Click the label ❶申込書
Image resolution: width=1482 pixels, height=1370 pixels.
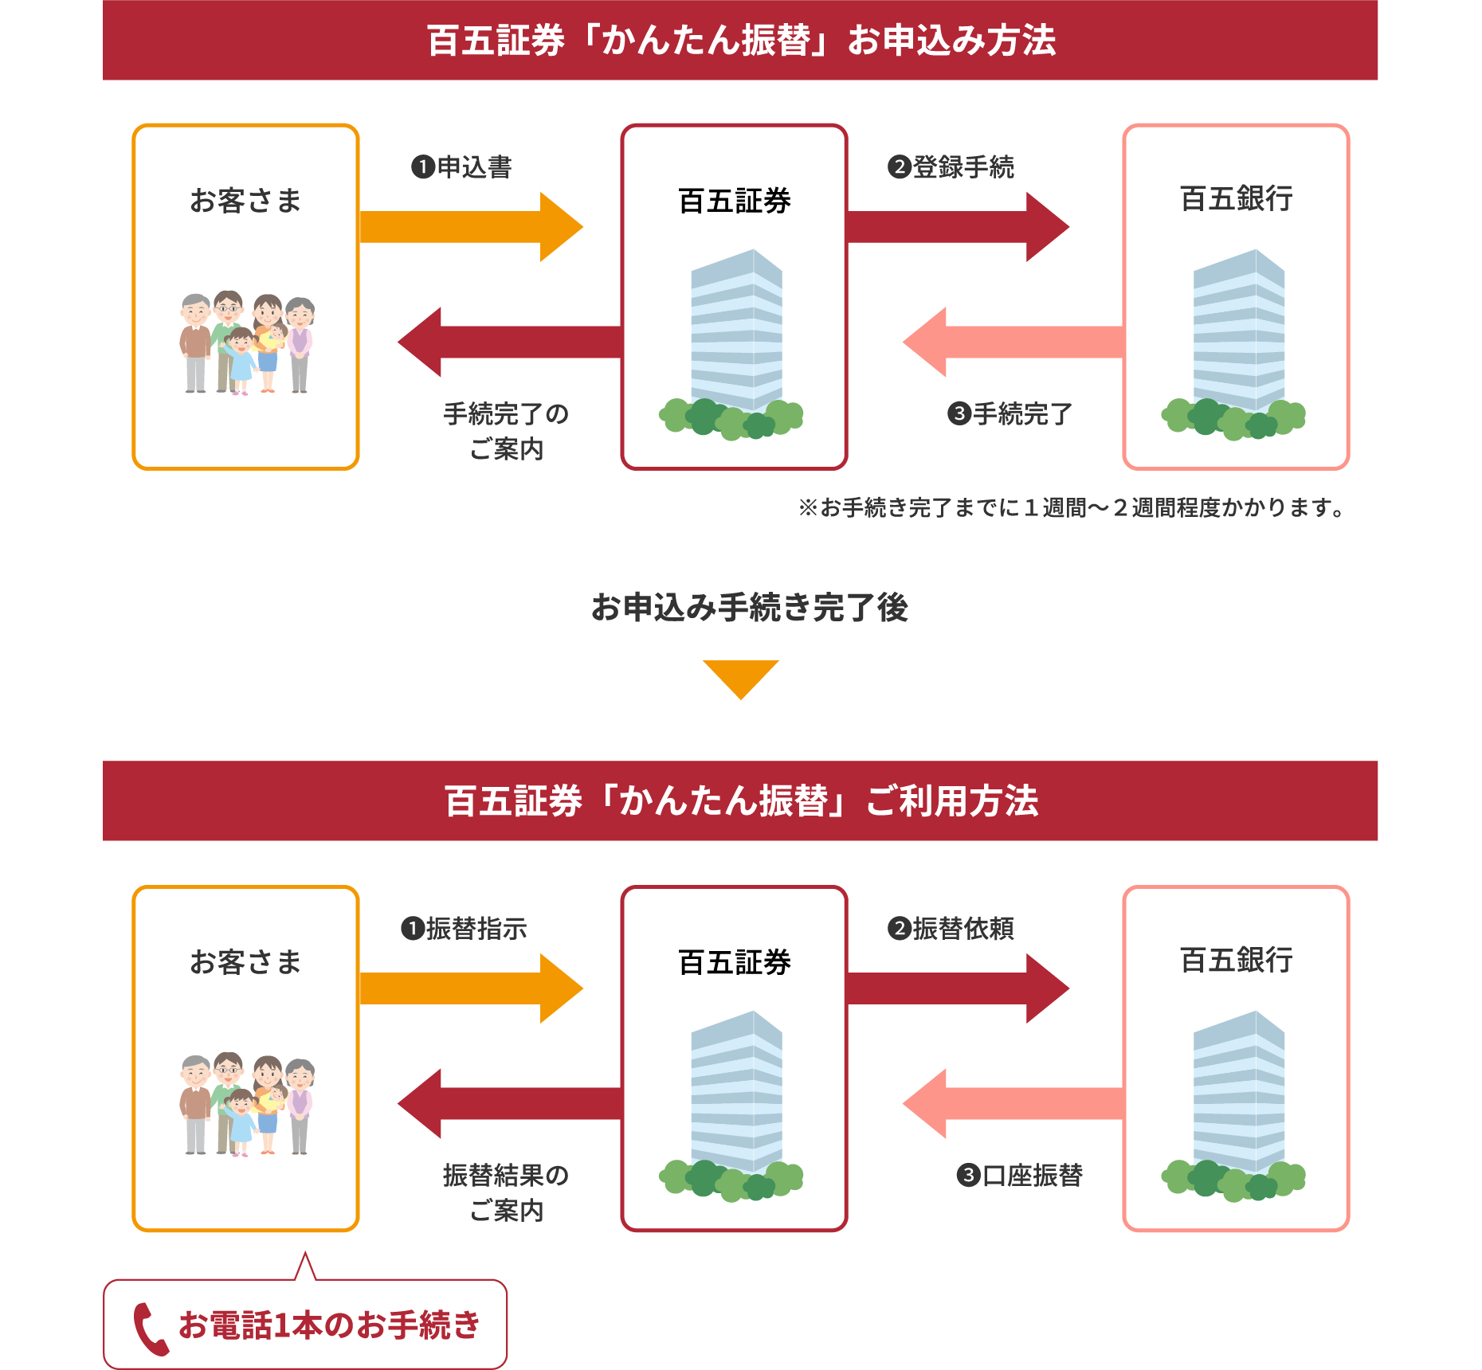coord(462,167)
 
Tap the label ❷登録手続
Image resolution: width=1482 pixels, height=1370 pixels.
coord(951,167)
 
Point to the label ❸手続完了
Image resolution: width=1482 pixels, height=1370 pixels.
coord(1010,414)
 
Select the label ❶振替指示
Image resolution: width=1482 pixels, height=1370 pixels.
coord(464,929)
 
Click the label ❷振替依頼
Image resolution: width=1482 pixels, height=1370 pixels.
coord(951,929)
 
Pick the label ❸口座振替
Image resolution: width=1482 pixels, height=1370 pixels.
coord(1020,1176)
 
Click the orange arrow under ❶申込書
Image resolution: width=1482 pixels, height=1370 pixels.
coord(470,227)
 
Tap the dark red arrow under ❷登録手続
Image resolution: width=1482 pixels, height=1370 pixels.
coord(956,227)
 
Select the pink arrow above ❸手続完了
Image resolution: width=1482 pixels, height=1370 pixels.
coord(1012,342)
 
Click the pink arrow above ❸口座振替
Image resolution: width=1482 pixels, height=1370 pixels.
coord(1012,1103)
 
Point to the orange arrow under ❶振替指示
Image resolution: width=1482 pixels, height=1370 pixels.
coord(470,988)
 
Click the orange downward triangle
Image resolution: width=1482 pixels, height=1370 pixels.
coord(741,676)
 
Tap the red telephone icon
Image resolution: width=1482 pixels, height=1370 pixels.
coord(150,1329)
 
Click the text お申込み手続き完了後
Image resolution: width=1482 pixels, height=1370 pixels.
coord(749,608)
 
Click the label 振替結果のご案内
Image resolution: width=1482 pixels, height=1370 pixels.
coord(506,1192)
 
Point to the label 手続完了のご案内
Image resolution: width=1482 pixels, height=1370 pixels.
coord(506,431)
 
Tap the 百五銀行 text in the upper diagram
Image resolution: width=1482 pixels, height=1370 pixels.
coord(1236,199)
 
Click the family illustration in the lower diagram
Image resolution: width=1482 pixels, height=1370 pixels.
coord(246,1104)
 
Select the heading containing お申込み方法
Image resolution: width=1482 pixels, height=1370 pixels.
coord(741,41)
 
